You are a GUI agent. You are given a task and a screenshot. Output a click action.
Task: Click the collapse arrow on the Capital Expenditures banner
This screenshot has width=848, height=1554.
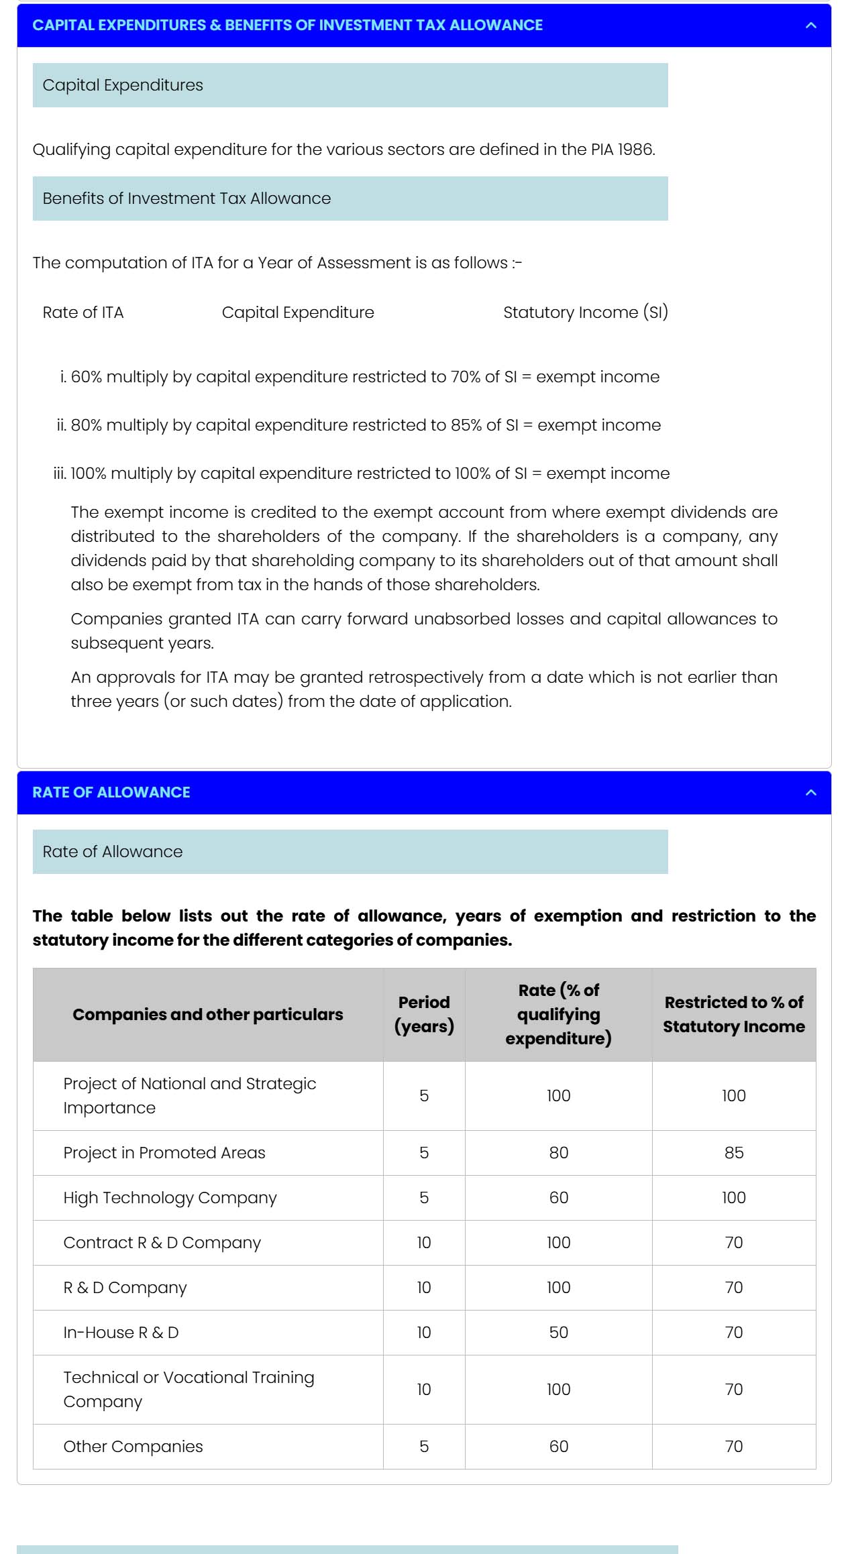point(810,25)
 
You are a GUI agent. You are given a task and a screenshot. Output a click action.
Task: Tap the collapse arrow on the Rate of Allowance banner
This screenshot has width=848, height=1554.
point(810,793)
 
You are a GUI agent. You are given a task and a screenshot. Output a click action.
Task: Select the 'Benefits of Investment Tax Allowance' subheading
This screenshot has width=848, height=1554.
point(187,199)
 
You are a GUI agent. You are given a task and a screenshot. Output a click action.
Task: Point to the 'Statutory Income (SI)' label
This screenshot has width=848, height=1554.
point(585,313)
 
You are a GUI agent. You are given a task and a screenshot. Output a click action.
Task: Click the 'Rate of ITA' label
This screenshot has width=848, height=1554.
point(83,313)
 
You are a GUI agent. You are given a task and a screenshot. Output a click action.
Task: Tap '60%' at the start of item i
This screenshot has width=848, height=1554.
point(87,377)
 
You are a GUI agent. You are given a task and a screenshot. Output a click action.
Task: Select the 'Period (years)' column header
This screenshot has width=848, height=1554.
point(424,1014)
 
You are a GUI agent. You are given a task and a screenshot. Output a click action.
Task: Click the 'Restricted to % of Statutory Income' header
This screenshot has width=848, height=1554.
point(733,1014)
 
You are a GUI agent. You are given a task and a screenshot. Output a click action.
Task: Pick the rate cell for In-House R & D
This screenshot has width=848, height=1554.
point(558,1333)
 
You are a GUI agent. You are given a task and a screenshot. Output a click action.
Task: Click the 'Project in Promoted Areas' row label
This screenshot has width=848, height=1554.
point(164,1153)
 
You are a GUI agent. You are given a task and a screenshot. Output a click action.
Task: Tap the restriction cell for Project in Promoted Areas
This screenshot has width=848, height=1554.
point(733,1153)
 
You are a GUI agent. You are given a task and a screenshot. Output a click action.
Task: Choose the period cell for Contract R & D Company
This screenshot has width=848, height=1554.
point(424,1243)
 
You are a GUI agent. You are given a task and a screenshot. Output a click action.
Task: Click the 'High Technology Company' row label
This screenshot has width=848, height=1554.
point(170,1198)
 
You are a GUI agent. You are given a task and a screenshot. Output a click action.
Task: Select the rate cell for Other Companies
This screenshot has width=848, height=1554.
point(558,1447)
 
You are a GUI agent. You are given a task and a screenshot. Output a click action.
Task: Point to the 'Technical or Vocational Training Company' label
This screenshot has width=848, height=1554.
point(189,1390)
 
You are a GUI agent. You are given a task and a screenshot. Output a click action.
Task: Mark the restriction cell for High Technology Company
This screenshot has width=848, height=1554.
point(733,1198)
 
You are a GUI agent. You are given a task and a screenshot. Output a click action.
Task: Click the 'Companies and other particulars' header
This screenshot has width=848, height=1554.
point(207,1014)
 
